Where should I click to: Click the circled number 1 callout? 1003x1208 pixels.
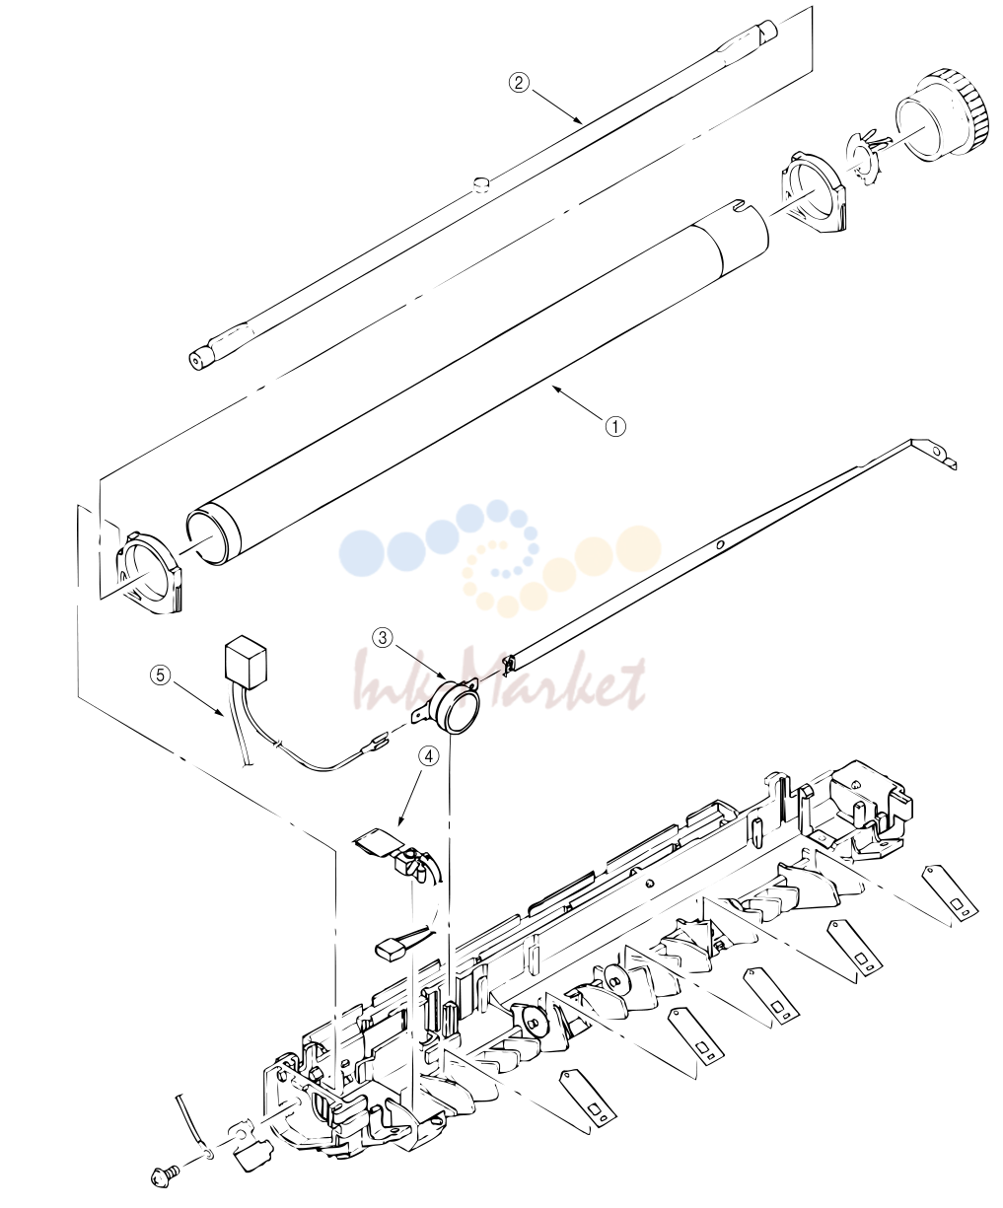click(x=615, y=427)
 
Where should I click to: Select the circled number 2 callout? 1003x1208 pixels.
click(x=519, y=83)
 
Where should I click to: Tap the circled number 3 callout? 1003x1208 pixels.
click(x=383, y=638)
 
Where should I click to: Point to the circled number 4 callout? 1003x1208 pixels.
click(x=428, y=756)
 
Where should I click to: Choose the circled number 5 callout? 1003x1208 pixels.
click(x=161, y=675)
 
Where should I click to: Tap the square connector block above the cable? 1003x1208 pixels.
click(x=245, y=663)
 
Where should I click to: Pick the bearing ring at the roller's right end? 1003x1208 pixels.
click(x=814, y=193)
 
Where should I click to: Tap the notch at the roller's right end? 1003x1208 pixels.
click(x=739, y=205)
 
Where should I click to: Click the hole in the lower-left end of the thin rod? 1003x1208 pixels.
click(x=196, y=361)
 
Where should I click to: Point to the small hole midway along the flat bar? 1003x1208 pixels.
click(x=719, y=544)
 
